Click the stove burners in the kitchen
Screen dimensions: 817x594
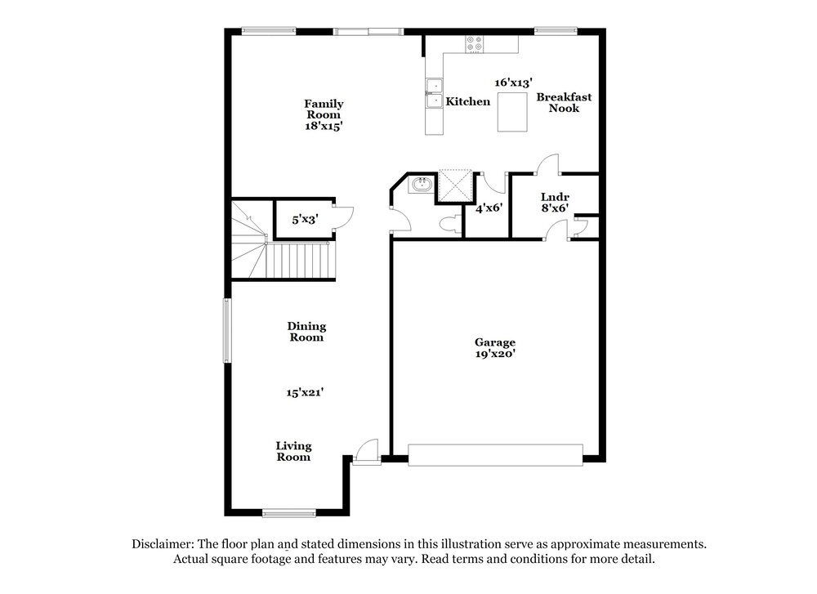[x=474, y=43]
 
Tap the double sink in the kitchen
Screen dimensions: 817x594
[x=434, y=93]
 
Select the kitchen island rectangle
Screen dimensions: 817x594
[x=512, y=111]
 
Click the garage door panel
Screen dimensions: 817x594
[x=495, y=454]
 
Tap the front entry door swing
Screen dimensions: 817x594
[x=366, y=451]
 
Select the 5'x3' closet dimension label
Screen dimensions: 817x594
[x=305, y=219]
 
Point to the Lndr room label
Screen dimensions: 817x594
[x=555, y=196]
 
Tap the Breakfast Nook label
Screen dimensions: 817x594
[x=565, y=102]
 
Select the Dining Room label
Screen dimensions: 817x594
[x=306, y=332]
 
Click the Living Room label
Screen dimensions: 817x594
[x=294, y=451]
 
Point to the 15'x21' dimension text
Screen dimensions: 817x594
[x=305, y=392]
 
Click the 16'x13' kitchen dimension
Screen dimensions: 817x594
[x=513, y=83]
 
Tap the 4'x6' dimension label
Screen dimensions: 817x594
[x=489, y=208]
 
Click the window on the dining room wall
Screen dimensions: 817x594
[x=227, y=330]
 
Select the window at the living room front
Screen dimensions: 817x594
[x=288, y=513]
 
